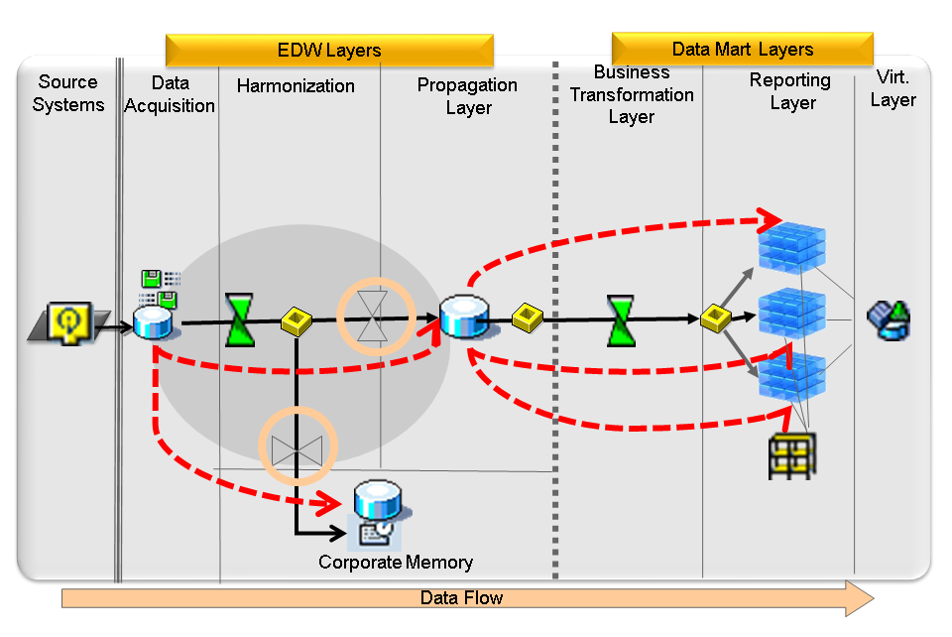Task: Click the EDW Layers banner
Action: click(x=328, y=51)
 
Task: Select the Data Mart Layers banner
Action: click(x=742, y=49)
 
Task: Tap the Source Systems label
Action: click(x=68, y=93)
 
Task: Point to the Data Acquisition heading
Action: click(x=170, y=94)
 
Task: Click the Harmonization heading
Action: click(x=296, y=86)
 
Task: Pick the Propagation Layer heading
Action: click(x=467, y=96)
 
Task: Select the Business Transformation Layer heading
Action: click(x=632, y=94)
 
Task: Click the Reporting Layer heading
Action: click(x=790, y=91)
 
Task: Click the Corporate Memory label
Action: click(x=396, y=563)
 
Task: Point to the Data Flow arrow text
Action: click(x=461, y=598)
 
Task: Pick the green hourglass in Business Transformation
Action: click(x=621, y=319)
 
